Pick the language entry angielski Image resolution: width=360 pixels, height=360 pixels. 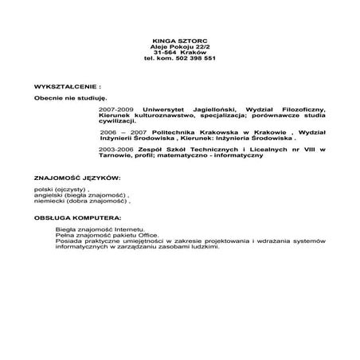pyautogui.click(x=49, y=196)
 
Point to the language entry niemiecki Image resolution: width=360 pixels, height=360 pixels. pyautogui.click(x=49, y=202)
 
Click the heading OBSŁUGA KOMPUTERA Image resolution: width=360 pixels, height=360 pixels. pyautogui.click(x=78, y=217)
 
